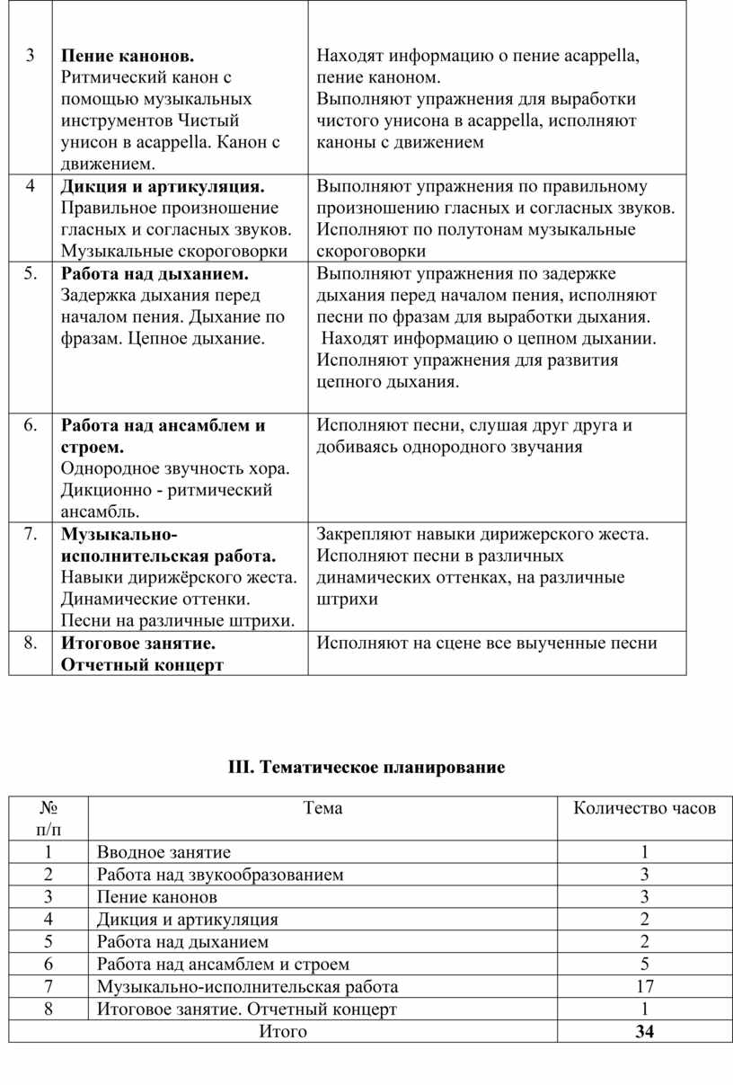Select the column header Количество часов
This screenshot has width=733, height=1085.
click(644, 808)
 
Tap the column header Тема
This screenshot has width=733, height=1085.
click(322, 808)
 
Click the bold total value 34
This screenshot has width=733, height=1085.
click(644, 1032)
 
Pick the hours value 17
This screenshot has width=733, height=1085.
click(644, 987)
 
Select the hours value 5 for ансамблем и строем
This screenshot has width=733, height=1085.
click(644, 965)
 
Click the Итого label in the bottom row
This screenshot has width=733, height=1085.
click(283, 1032)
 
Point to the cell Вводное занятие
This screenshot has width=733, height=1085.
click(163, 852)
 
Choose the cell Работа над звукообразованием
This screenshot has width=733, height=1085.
click(220, 875)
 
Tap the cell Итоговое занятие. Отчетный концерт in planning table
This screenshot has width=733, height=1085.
click(246, 1009)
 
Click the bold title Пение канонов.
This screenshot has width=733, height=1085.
click(127, 56)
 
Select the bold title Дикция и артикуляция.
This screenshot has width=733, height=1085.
click(163, 187)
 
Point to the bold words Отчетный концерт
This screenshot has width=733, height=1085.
click(142, 665)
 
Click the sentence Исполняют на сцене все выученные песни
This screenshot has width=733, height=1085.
click(487, 643)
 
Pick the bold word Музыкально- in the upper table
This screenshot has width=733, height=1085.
click(119, 534)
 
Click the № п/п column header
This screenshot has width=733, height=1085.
click(49, 817)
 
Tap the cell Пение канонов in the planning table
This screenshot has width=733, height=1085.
click(157, 897)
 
